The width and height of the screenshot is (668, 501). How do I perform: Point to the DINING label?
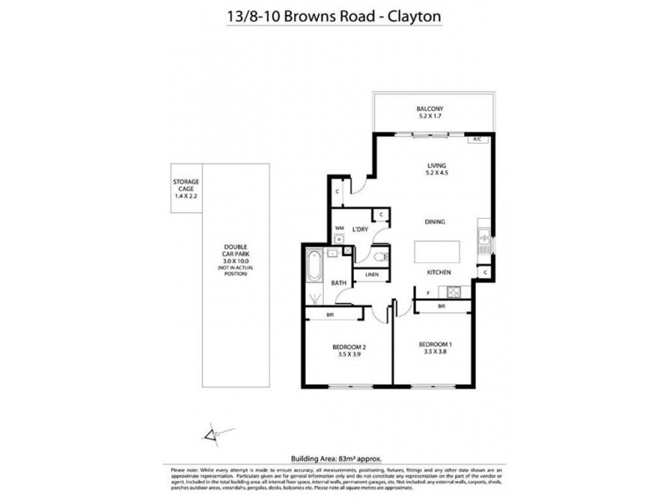(434, 221)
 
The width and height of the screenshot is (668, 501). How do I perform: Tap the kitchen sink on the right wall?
(483, 236)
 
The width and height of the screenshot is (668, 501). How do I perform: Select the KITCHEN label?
(439, 273)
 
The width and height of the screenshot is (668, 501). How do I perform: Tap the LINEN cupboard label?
(372, 275)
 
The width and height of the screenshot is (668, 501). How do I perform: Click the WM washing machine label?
(340, 228)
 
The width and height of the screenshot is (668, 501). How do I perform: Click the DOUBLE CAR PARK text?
(233, 250)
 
